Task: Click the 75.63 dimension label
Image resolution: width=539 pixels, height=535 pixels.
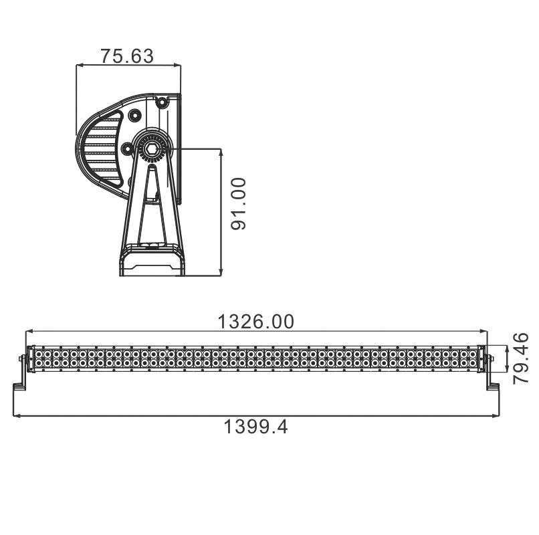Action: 127,56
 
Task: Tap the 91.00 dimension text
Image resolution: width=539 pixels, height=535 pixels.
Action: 239,203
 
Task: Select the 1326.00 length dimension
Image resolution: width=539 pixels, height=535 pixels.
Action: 256,322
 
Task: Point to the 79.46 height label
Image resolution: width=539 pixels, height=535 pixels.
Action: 520,358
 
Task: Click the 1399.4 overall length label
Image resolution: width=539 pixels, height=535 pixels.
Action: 255,427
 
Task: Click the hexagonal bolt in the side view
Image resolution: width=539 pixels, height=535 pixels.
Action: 151,149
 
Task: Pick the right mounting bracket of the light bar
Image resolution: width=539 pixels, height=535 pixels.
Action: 490,370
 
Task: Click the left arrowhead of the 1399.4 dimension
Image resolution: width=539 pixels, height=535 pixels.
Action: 16,416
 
